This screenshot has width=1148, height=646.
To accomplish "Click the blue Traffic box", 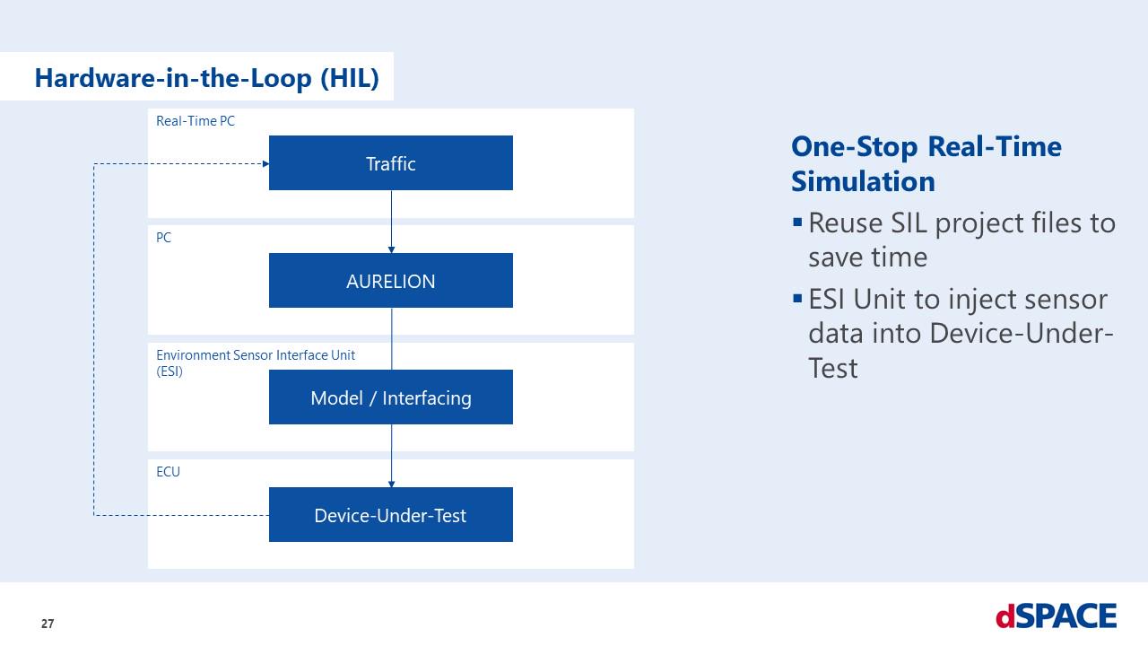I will point(390,163).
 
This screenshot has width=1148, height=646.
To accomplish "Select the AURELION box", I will point(390,281).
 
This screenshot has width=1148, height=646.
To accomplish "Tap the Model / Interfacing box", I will point(390,397).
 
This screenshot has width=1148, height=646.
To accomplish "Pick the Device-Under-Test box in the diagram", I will point(390,515).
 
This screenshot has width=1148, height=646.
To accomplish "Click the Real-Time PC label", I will point(196,121).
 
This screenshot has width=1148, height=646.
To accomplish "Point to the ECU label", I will point(168,472).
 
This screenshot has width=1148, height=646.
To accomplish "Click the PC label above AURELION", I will point(163,239).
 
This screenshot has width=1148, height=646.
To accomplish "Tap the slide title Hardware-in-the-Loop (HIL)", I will point(206,78).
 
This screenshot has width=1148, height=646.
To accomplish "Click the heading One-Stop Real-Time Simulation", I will point(926,163).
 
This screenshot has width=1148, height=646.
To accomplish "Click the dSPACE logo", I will point(1056,616).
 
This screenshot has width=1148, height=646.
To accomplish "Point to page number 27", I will point(48,624).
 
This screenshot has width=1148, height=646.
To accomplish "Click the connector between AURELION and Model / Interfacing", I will point(391,338).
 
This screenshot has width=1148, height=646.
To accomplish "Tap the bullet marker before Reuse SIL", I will point(797,221).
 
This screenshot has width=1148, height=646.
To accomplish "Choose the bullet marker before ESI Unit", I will point(797,298).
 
